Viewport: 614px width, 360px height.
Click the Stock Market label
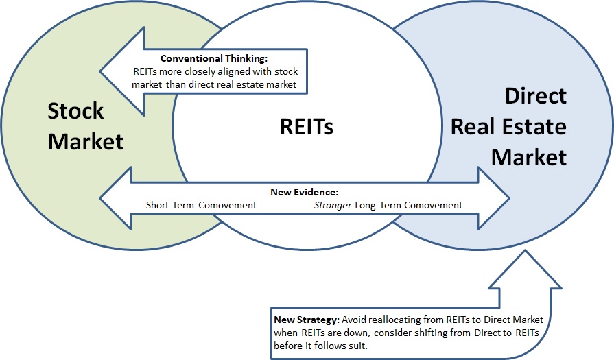click(85, 126)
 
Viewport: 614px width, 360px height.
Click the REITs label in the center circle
click(306, 126)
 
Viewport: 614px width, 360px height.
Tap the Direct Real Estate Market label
click(519, 126)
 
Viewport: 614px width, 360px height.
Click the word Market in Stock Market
click(86, 141)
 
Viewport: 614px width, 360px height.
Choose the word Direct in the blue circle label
click(536, 96)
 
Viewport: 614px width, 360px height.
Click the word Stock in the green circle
click(75, 111)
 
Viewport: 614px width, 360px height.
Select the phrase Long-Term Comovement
click(408, 205)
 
